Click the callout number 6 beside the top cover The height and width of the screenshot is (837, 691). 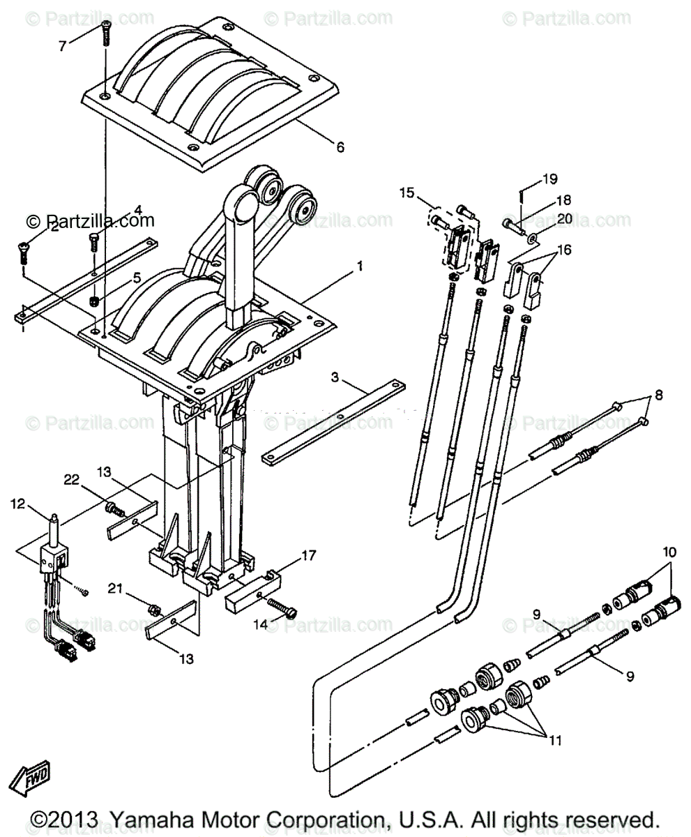click(x=340, y=147)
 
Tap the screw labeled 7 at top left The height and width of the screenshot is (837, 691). click(x=107, y=31)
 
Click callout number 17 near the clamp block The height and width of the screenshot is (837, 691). click(x=308, y=556)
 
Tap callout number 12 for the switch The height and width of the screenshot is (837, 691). click(x=18, y=503)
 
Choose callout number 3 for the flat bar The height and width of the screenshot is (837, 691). click(x=335, y=377)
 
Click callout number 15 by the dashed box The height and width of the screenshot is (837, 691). click(x=407, y=192)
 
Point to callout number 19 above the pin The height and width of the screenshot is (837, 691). click(x=550, y=179)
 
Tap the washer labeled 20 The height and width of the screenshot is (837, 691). click(x=533, y=238)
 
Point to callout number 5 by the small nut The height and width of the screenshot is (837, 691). click(x=137, y=278)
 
